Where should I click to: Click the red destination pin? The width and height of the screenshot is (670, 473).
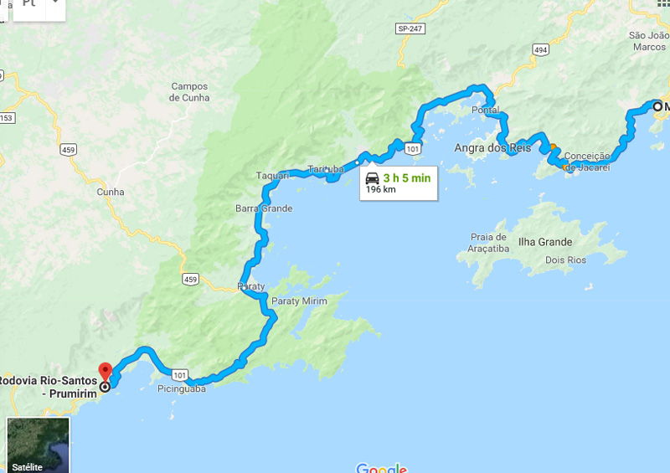pyautogui.click(x=105, y=371)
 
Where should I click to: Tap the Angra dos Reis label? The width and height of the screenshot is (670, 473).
pyautogui.click(x=492, y=148)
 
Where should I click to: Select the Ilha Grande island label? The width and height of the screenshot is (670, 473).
pyautogui.click(x=545, y=242)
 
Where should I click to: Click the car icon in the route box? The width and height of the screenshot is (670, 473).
pyautogui.click(x=372, y=177)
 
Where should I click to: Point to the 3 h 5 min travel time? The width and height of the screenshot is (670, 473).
pyautogui.click(x=407, y=177)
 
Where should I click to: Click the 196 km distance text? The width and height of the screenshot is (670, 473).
pyautogui.click(x=381, y=190)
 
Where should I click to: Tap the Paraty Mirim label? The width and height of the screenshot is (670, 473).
pyautogui.click(x=299, y=301)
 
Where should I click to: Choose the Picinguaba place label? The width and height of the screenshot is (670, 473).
pyautogui.click(x=182, y=388)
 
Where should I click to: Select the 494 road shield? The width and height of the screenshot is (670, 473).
pyautogui.click(x=540, y=50)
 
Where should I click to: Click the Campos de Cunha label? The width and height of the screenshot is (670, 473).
pyautogui.click(x=189, y=92)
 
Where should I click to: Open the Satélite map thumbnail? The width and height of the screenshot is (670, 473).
pyautogui.click(x=38, y=445)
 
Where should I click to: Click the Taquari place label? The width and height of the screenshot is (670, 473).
pyautogui.click(x=272, y=176)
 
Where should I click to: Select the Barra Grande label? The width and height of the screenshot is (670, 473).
pyautogui.click(x=264, y=208)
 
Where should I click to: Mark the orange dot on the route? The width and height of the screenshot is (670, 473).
pyautogui.click(x=553, y=147)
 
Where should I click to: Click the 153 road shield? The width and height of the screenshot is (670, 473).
pyautogui.click(x=6, y=117)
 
